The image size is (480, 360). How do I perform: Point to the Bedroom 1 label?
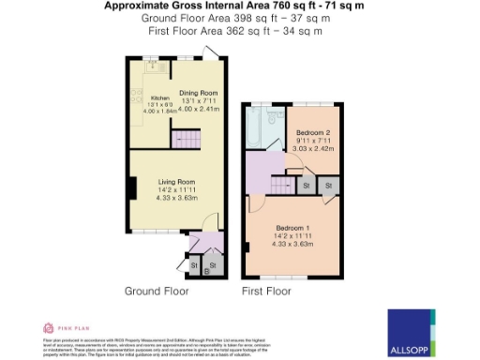(292, 228)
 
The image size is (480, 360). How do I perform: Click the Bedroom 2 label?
(313, 131)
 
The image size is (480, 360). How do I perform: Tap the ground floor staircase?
(187, 140)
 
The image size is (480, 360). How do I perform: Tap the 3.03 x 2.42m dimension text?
(313, 148)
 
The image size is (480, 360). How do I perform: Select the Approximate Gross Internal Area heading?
(239, 6)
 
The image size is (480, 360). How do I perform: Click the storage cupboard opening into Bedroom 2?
(307, 186)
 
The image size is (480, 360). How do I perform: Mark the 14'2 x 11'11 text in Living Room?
(175, 189)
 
